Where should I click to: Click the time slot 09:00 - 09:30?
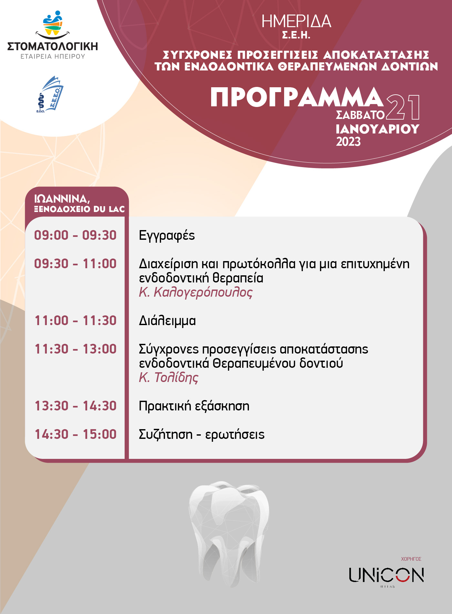(x=75, y=235)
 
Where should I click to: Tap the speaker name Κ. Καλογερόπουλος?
(x=196, y=292)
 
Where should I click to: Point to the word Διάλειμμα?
(x=167, y=321)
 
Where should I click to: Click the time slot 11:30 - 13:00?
(x=76, y=349)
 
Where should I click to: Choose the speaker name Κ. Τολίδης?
(x=169, y=377)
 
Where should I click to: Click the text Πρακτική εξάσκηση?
(x=194, y=406)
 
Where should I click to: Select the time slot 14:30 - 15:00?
(x=76, y=434)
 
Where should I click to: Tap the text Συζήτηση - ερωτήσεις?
(x=201, y=435)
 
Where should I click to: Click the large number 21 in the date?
(x=403, y=107)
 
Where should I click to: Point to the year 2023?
(x=348, y=142)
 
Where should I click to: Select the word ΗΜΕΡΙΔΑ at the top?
(x=296, y=22)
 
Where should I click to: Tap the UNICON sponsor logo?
(x=386, y=576)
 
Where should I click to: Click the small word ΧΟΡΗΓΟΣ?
(x=411, y=559)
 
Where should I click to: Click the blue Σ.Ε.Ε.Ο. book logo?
(x=50, y=94)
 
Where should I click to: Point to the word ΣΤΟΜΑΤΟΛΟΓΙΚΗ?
(x=53, y=46)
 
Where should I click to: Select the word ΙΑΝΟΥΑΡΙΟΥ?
(x=377, y=129)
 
